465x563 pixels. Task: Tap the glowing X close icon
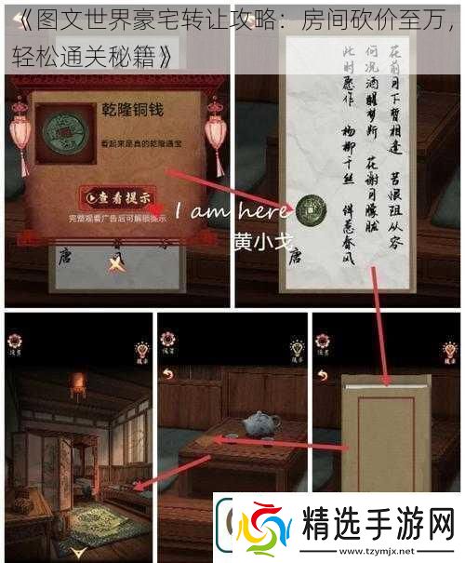pos(114,264)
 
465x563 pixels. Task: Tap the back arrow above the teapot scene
pos(168,375)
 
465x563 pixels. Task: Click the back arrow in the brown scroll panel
pos(324,375)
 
